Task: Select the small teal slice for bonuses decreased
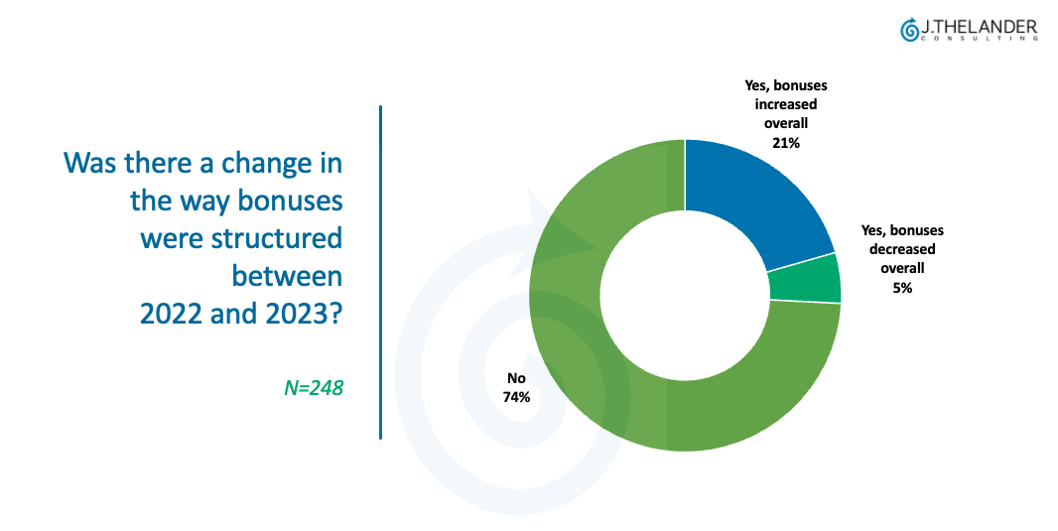click(x=804, y=278)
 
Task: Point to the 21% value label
click(x=785, y=143)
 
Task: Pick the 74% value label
click(x=517, y=397)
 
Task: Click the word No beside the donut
click(x=516, y=378)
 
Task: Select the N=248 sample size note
click(x=314, y=388)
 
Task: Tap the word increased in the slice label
click(x=785, y=104)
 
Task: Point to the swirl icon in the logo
click(x=908, y=31)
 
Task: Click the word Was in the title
click(x=90, y=162)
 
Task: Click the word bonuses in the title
click(x=289, y=201)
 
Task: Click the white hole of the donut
click(x=685, y=295)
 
